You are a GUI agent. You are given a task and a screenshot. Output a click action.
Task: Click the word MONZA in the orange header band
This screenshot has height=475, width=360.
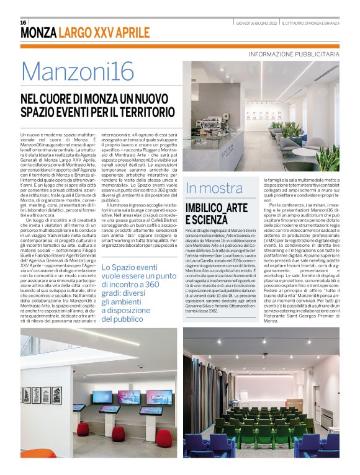click(x=38, y=33)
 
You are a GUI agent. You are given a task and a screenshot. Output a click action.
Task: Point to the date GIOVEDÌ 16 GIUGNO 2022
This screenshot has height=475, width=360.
click(x=256, y=23)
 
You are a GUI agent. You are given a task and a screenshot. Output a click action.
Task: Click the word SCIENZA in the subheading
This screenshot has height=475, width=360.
click(x=209, y=219)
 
